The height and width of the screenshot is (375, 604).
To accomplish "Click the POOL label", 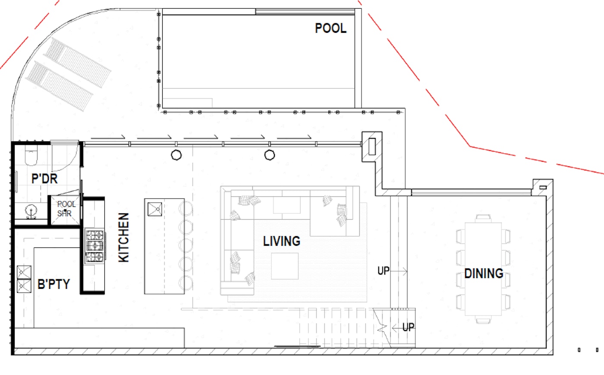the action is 330,28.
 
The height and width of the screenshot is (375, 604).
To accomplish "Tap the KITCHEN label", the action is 124,237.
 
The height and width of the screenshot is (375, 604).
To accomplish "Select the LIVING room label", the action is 281,241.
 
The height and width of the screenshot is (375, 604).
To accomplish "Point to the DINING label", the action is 484,273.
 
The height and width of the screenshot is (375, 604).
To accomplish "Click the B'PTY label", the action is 53,284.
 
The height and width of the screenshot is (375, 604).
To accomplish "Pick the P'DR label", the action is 44,178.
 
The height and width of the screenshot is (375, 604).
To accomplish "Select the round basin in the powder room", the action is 31,211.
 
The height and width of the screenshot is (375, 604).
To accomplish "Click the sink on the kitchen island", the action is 155,209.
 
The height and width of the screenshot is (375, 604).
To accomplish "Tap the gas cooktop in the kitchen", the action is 94,246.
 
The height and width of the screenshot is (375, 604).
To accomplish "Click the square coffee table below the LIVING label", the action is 285,266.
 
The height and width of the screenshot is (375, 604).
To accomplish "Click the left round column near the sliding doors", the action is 176,155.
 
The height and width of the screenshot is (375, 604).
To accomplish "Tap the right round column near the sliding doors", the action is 270,155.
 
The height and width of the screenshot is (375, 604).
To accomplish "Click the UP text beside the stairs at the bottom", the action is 408,327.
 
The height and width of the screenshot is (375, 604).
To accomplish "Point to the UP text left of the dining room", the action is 384,271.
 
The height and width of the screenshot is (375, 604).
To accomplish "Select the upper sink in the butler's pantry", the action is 24,272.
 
